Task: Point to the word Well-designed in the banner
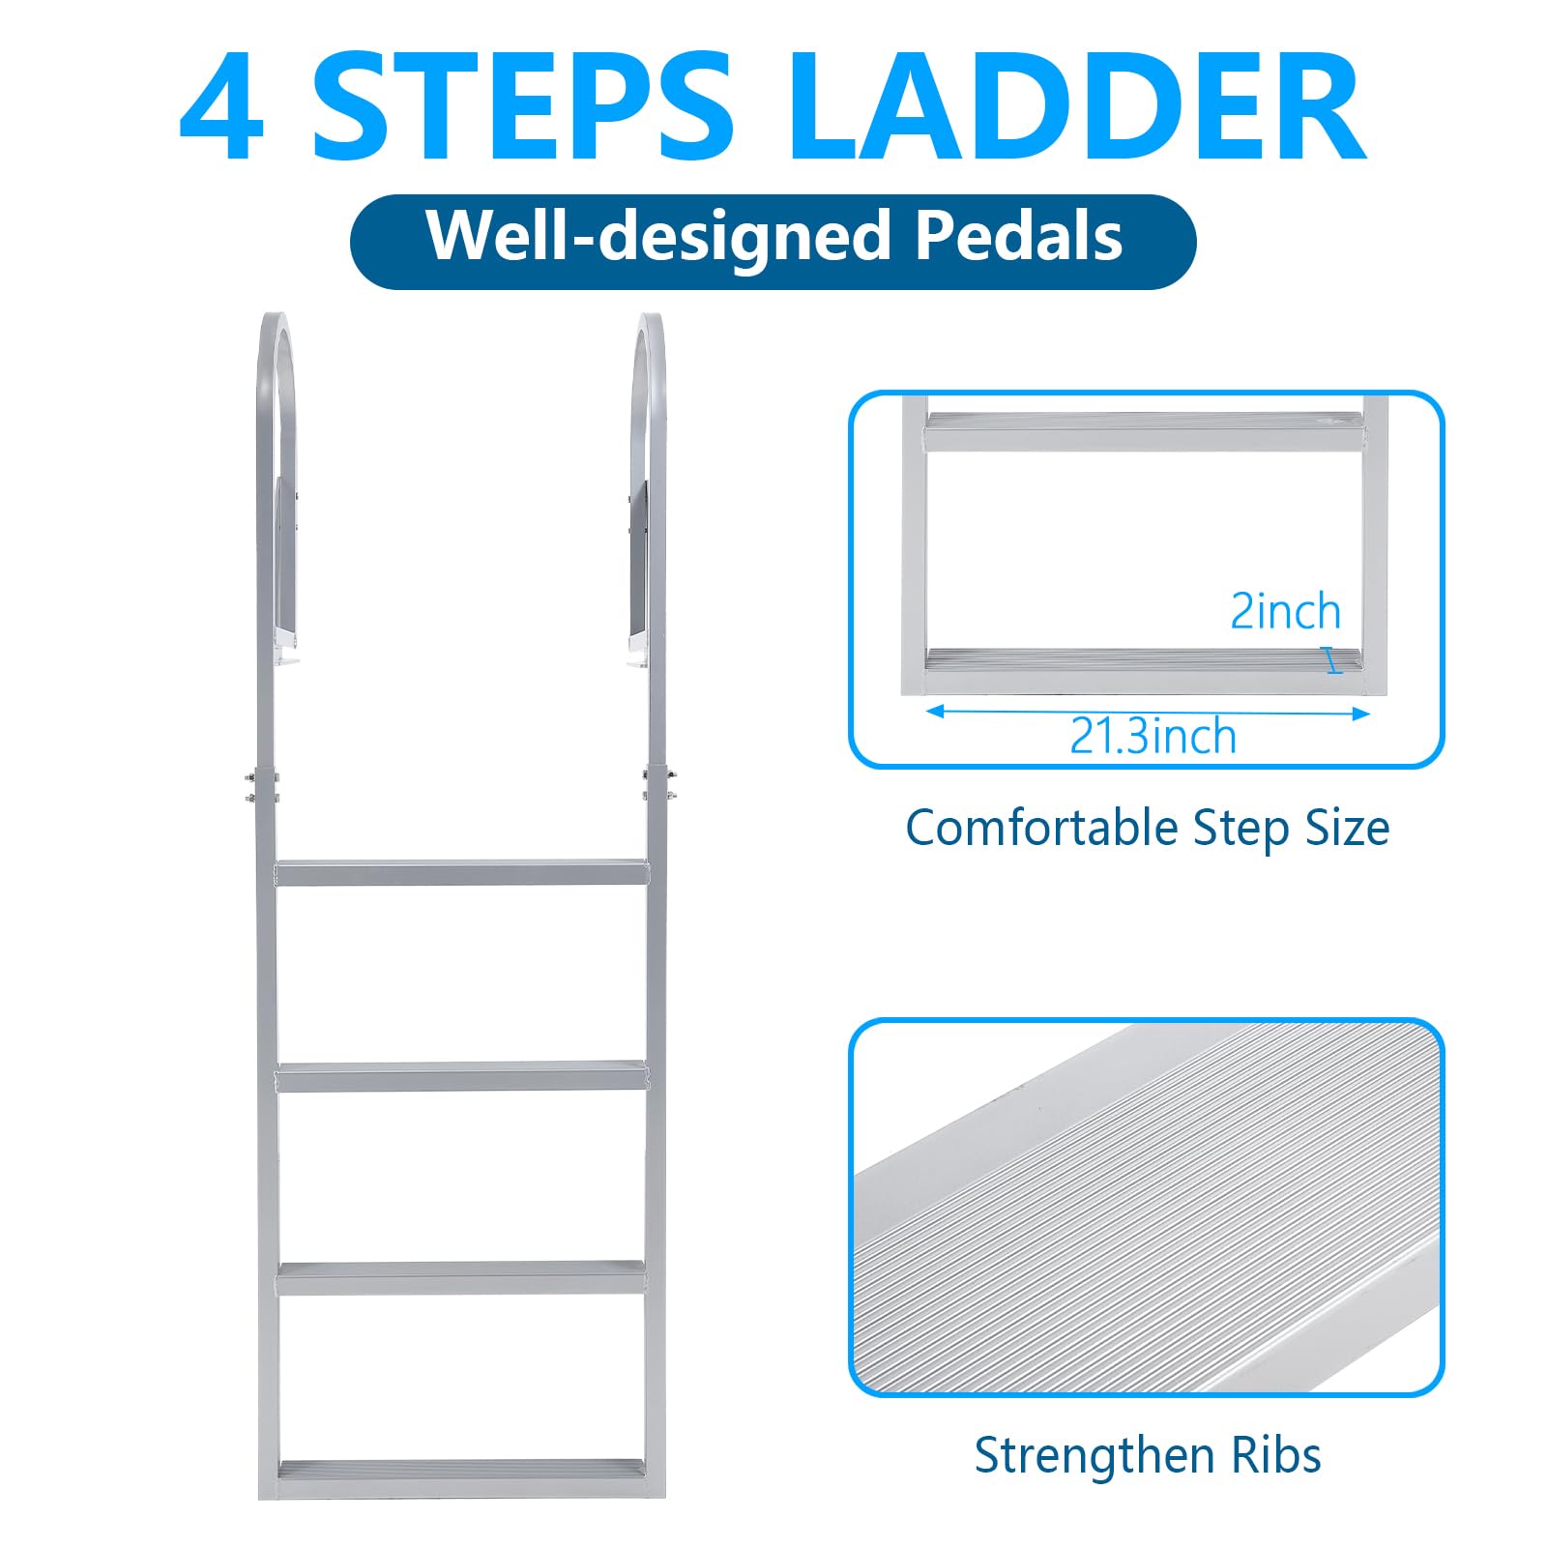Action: pyautogui.click(x=657, y=237)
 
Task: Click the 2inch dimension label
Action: pyautogui.click(x=1285, y=611)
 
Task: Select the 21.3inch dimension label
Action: pyautogui.click(x=1153, y=737)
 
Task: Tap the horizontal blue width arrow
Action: pyautogui.click(x=1148, y=713)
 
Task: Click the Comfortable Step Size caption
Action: pyautogui.click(x=1147, y=829)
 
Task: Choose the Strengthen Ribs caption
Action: pyautogui.click(x=1147, y=1455)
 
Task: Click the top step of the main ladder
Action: pyautogui.click(x=462, y=872)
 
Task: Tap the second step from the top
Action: pyautogui.click(x=462, y=1076)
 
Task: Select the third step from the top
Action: pyautogui.click(x=462, y=1278)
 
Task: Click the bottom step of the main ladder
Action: pyautogui.click(x=462, y=1474)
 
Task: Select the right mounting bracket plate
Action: pyautogui.click(x=638, y=566)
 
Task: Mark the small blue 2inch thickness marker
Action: pyautogui.click(x=1334, y=661)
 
